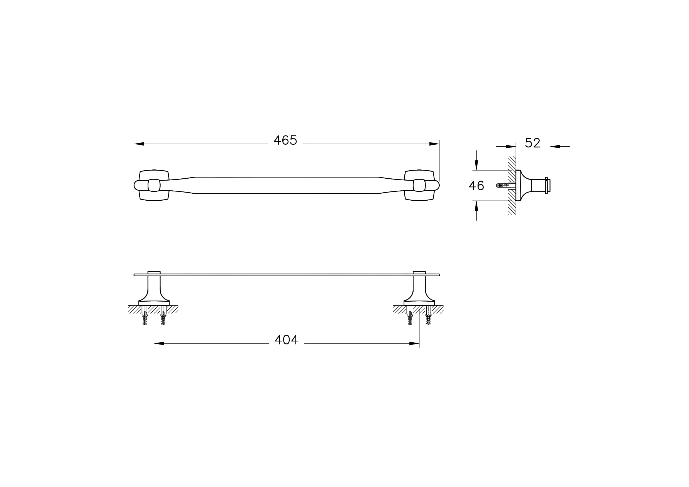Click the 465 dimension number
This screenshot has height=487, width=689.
pos(285,140)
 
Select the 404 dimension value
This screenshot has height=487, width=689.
pos(287,340)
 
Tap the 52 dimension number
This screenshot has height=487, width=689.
pos(533,143)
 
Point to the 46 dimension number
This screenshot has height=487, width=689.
pos(477,186)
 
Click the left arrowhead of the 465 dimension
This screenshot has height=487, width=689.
pos(139,144)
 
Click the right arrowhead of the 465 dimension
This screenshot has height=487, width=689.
pos(434,144)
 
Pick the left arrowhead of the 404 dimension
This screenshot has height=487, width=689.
pos(159,343)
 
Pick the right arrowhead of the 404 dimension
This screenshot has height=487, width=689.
pos(414,343)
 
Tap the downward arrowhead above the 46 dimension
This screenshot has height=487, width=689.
pos(476,165)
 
